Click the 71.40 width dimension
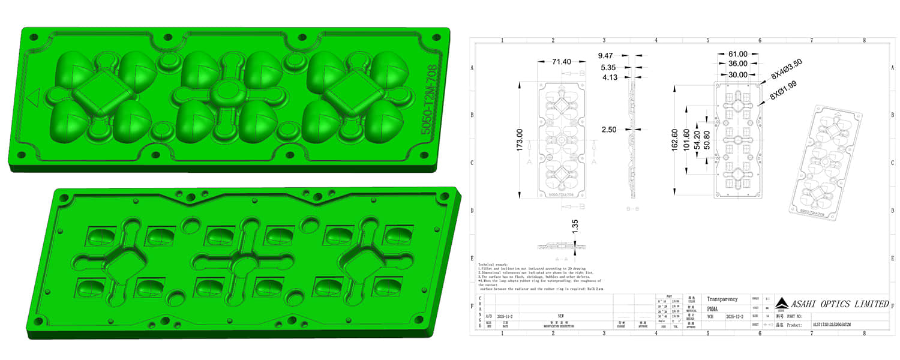tap(553, 62)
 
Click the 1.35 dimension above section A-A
tap(575, 226)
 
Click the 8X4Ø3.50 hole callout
tap(786, 70)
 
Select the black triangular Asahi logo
tap(783, 302)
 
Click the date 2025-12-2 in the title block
tap(735, 315)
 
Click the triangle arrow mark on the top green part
tap(34, 97)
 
